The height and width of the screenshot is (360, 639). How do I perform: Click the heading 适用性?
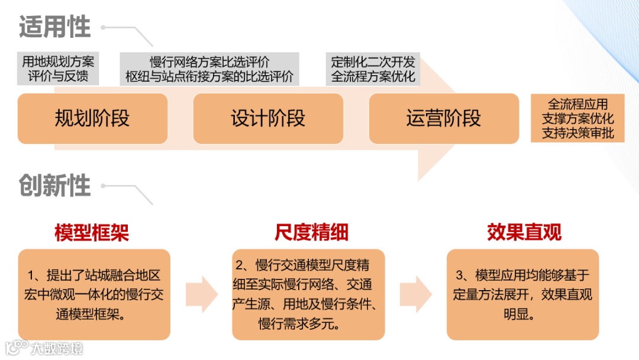55,28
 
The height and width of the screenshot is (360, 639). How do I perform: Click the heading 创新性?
55,186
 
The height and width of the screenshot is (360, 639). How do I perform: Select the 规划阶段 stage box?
92,118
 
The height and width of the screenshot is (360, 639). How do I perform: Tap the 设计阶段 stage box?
268,118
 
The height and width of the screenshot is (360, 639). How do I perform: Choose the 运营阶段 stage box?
444,118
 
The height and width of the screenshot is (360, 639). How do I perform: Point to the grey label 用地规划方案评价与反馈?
58,69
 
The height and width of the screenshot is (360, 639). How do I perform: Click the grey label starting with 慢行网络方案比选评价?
209,69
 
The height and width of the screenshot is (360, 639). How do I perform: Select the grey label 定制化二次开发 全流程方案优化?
373,69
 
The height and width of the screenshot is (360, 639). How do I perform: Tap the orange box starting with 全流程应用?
578,118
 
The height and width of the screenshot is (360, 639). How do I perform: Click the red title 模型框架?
92,233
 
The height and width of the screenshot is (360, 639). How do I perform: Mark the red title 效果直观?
524,232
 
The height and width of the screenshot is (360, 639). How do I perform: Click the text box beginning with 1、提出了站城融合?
94,294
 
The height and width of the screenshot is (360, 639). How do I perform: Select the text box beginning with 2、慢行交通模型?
308,294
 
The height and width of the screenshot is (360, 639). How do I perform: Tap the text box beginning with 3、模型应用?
522,294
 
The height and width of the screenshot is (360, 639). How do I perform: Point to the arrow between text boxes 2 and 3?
415,294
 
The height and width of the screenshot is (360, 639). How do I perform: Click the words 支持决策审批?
578,133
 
